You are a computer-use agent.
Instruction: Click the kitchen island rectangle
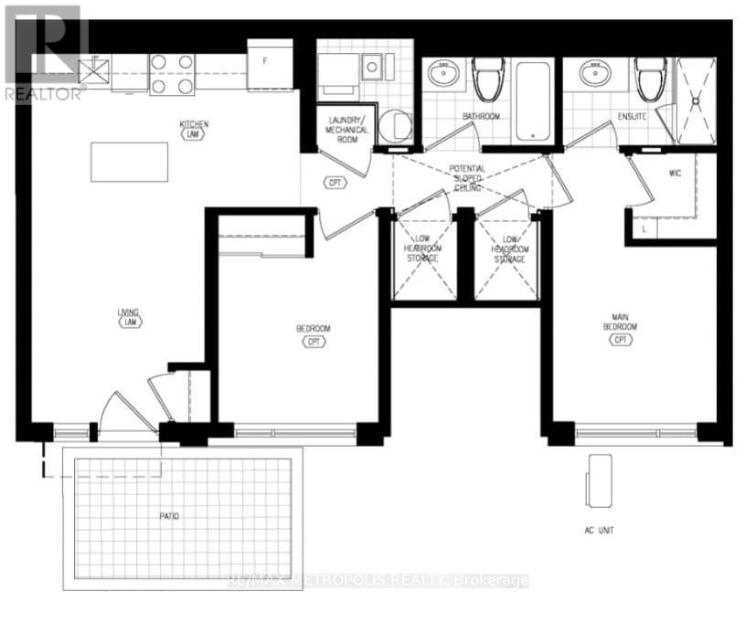click(129, 163)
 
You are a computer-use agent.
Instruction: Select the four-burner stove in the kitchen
click(172, 74)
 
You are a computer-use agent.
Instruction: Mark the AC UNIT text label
click(602, 530)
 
